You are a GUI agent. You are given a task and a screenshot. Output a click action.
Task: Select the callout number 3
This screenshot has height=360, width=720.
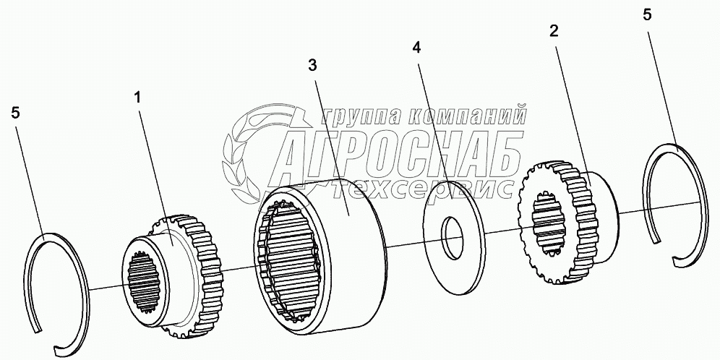pyautogui.click(x=312, y=66)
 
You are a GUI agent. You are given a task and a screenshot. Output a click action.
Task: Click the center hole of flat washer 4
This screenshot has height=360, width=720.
pyautogui.click(x=454, y=238)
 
